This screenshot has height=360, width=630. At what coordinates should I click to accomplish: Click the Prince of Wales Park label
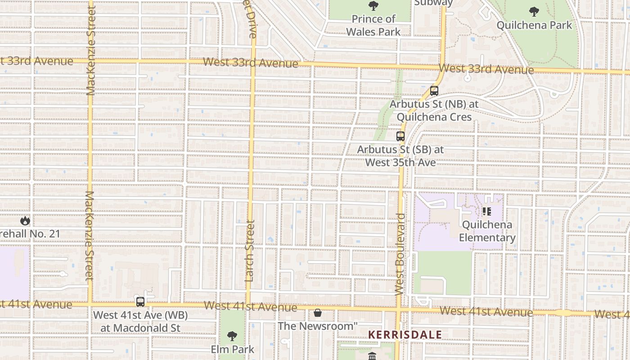[373, 25]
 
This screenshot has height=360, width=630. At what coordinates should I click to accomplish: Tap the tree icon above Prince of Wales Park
[373, 6]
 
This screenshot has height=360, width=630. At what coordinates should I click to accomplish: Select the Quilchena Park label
[534, 25]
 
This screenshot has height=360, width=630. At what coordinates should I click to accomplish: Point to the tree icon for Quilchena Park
[534, 11]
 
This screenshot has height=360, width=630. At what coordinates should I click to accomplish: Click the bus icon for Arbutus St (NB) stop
[434, 91]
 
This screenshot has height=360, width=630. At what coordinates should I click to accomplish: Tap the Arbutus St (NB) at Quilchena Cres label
[434, 110]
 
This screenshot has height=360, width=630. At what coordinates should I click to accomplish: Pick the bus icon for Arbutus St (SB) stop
[400, 136]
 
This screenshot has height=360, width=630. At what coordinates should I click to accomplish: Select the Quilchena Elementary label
[487, 231]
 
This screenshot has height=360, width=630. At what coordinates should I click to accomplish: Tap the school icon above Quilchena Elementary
[486, 211]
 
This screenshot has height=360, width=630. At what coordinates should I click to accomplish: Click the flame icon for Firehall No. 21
[25, 220]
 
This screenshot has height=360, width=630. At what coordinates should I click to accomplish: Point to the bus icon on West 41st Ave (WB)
[140, 302]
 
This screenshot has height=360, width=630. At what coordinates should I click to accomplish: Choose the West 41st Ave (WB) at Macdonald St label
[140, 321]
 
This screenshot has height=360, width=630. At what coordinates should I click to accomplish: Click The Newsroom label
[318, 326]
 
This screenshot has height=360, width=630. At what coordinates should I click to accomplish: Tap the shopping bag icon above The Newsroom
[318, 312]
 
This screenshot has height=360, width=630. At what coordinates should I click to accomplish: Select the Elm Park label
[233, 349]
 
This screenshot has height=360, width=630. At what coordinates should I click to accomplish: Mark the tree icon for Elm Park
[232, 336]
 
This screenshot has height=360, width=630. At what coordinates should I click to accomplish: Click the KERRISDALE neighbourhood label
[405, 335]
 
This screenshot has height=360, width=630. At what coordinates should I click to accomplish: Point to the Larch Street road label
[251, 251]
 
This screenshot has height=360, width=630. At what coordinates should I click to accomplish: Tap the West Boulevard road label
[400, 254]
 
